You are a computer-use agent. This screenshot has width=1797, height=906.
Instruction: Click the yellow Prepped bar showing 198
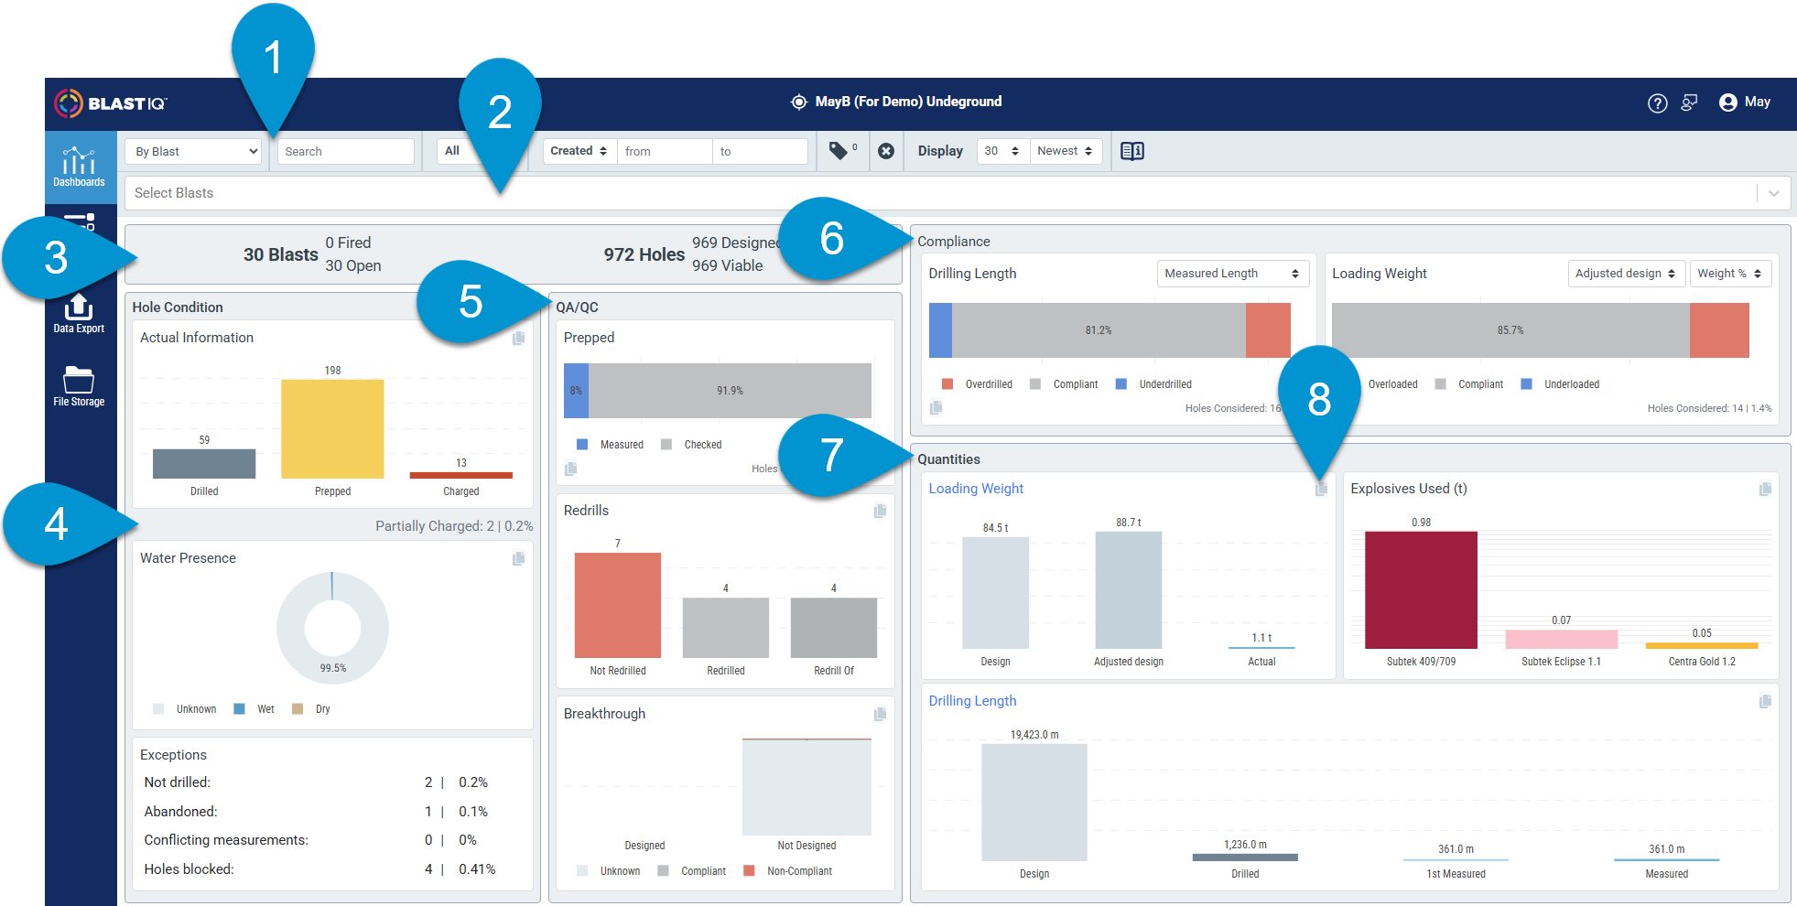(332, 428)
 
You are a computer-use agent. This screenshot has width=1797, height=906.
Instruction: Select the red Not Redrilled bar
(618, 605)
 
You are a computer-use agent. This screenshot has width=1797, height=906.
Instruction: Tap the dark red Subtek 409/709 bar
(1421, 590)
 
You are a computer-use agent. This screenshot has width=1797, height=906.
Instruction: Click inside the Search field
(346, 152)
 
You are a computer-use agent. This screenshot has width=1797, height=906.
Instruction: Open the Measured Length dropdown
(1232, 274)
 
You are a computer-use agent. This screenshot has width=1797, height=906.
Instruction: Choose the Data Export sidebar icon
(79, 313)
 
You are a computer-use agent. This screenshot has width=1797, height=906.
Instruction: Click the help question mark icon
(1657, 103)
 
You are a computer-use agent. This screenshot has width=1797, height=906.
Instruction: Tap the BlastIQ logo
(110, 103)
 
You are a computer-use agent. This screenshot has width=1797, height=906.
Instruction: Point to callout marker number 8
(1319, 403)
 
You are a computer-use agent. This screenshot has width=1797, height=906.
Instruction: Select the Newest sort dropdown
(1065, 151)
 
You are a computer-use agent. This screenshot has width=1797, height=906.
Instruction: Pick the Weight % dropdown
(1729, 274)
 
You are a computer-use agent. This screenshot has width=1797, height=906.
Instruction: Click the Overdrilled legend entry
(977, 384)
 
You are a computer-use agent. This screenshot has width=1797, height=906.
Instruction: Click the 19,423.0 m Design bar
(1034, 802)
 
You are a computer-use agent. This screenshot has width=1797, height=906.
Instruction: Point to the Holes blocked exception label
(189, 869)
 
